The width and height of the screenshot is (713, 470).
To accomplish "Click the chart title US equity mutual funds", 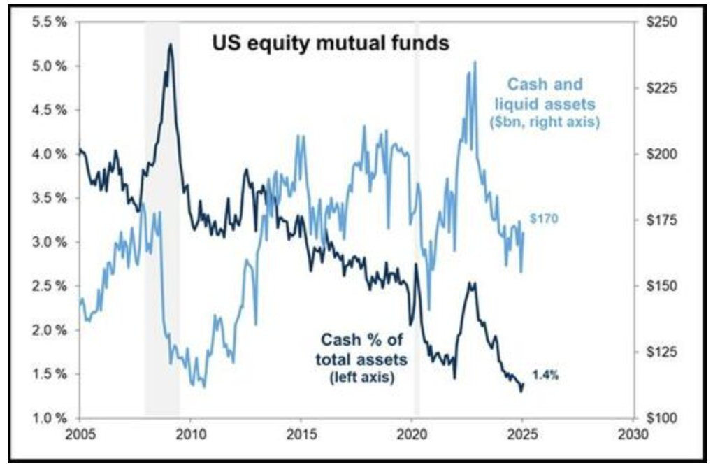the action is click(331, 43).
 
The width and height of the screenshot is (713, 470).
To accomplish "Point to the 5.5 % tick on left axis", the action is click(50, 22).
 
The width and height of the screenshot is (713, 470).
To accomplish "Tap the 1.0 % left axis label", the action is click(50, 418).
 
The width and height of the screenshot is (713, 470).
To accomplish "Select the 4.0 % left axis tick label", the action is click(50, 154).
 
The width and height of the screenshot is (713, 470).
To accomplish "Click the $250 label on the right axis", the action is click(661, 22).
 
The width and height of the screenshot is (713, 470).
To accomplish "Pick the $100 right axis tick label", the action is click(661, 418).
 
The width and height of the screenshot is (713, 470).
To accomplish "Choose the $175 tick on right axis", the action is click(661, 220).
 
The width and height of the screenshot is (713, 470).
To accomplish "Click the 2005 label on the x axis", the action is click(80, 434).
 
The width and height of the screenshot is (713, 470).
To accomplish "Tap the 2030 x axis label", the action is click(634, 434).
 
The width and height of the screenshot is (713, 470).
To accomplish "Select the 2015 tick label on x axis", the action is click(301, 434).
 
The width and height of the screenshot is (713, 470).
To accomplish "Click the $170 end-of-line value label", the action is click(544, 219).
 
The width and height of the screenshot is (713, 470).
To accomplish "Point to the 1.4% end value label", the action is click(545, 376).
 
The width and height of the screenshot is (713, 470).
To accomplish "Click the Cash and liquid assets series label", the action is click(545, 94).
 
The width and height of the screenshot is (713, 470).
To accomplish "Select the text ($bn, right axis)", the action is click(545, 122).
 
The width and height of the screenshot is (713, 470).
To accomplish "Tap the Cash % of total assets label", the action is click(361, 350).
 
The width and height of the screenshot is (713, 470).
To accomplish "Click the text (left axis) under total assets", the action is click(361, 377).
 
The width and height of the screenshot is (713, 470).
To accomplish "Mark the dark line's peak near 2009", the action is click(170, 44).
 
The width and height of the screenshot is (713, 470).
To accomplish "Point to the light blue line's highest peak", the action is click(475, 62).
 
